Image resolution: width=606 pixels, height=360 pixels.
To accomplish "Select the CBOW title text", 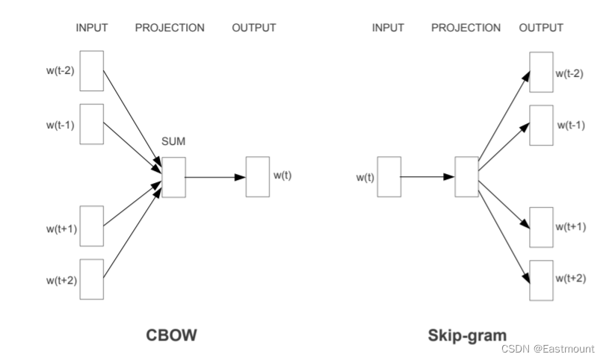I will pos(171,335).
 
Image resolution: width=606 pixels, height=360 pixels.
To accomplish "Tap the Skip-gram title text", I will pos(467,335).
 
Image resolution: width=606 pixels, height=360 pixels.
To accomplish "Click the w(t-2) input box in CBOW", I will pos(91,70).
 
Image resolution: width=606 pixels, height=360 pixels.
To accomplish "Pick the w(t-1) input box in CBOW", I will pos(91,124).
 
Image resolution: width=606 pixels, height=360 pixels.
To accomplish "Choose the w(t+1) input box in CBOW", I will pos(91,226).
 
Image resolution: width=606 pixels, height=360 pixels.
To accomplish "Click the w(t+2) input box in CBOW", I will pos(91,279).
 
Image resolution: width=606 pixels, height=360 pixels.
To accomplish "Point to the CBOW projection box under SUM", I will pos(173,177).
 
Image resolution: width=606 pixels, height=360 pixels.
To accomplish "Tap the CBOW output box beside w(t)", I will pos(258,177).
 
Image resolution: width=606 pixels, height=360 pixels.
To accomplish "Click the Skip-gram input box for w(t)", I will pos(389,177).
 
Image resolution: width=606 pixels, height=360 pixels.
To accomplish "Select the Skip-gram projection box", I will pos(467,177).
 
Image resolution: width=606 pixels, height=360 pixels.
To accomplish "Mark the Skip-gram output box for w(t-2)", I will pos(541,72).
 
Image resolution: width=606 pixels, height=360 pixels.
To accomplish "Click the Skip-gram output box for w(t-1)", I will pos(541,125).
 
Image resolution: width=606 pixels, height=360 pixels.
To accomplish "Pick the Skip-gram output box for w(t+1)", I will pos(541,226).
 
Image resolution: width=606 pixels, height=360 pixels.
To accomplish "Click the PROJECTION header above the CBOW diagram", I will pos(170,28).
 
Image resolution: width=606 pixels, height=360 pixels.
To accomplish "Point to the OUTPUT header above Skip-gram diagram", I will pos(541,28).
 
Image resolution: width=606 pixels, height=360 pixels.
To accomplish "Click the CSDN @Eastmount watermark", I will pos(548,349).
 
